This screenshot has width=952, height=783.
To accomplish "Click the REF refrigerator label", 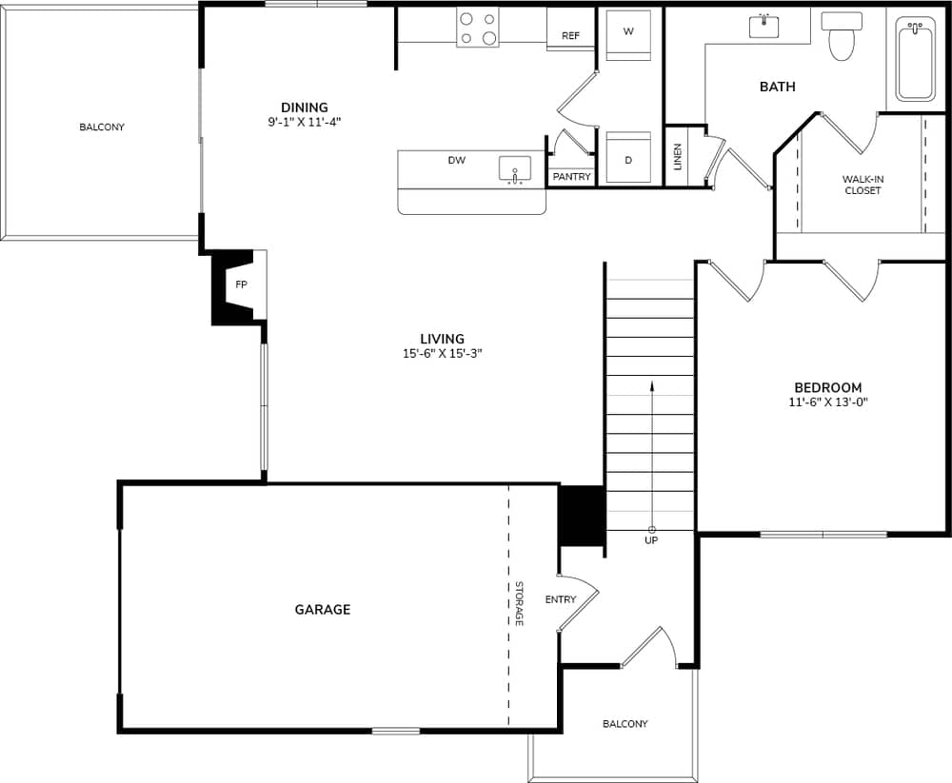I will coord(570,36).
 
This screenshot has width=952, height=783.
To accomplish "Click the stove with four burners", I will coord(478,28).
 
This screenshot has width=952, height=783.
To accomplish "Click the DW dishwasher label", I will coord(457,161).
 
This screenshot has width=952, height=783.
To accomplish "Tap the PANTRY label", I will coord(571,177).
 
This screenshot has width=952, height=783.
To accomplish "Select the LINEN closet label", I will coord(677,156).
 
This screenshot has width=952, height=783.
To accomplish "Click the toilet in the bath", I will coord(842,35).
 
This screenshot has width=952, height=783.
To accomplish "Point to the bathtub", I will coord(916,59).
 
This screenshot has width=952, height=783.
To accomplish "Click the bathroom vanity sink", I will coord(764,26).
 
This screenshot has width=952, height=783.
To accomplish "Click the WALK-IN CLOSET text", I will coord(863,185).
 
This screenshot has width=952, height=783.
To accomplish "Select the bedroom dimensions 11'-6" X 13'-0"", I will coord(827,401).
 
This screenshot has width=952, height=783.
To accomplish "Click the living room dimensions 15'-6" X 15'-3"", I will coord(442,353).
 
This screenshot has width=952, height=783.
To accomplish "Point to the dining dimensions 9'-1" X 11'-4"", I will coord(304,122).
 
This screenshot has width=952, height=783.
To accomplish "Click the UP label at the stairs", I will coord(651,540).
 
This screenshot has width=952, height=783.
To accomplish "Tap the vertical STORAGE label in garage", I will coord(519,603).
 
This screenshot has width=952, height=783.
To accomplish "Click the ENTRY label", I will coord(561,599).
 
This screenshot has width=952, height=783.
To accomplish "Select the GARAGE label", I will coord(322,609).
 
